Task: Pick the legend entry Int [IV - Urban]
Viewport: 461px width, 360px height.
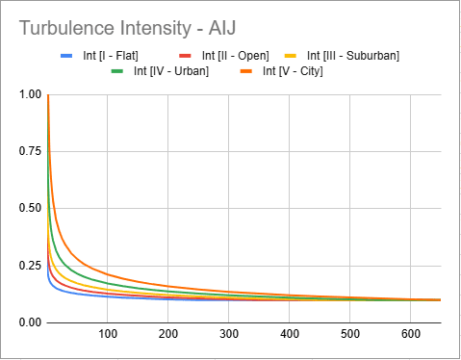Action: [166, 70]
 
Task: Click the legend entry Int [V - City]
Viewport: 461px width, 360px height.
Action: [286, 70]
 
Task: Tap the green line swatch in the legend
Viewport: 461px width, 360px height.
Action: [118, 70]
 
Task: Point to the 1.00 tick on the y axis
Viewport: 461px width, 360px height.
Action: [30, 94]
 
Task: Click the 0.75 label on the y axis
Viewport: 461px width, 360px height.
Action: [30, 151]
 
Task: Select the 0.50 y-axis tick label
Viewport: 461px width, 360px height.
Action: [30, 208]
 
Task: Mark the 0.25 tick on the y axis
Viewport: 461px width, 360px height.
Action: [30, 265]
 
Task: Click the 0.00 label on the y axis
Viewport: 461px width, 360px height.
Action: [30, 321]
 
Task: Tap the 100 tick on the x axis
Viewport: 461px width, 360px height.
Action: [108, 334]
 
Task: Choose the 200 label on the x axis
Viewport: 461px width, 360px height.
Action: [168, 334]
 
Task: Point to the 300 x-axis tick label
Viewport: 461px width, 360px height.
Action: [229, 334]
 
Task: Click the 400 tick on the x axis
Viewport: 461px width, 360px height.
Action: [290, 334]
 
